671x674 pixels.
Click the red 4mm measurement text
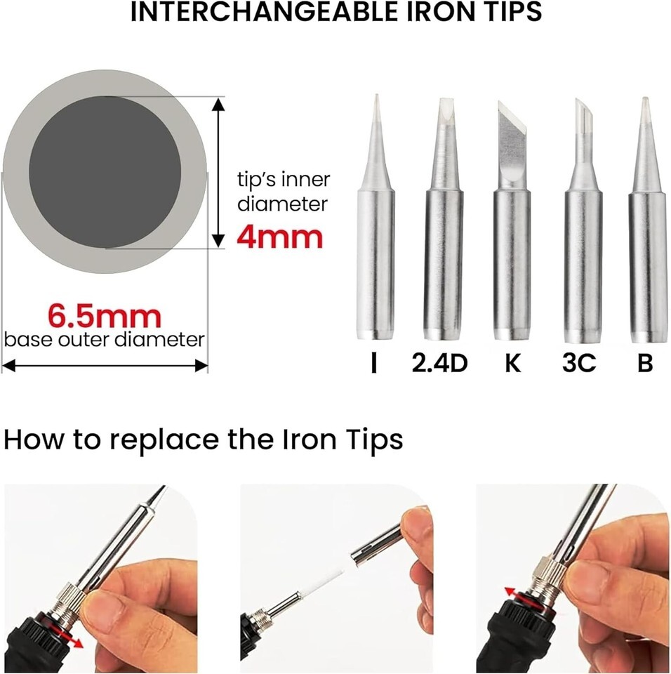point(279,237)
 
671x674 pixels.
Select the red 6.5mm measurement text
point(105,316)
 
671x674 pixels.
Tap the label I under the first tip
point(374,363)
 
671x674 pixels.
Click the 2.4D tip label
point(439,363)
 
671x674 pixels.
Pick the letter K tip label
point(512,363)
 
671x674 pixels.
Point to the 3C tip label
point(579,363)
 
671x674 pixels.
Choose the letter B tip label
point(645,363)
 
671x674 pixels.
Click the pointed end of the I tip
point(376,95)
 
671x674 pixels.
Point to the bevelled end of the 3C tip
point(583,112)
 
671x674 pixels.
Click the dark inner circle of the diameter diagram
point(105,172)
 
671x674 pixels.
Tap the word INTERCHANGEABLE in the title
point(264,12)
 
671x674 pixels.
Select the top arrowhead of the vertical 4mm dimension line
point(218,104)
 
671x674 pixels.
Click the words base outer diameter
point(105,340)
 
